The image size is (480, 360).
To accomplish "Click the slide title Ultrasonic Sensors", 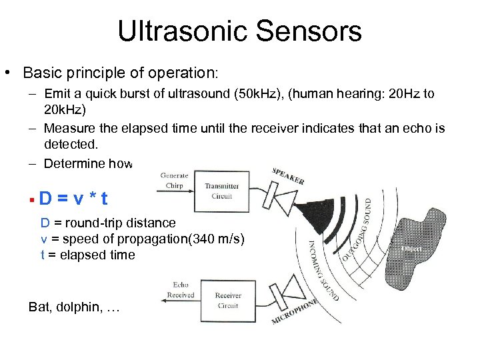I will pos(239,31).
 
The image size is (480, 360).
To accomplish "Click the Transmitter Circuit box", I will pos(221,191).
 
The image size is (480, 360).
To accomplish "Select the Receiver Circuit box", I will pos(228,301).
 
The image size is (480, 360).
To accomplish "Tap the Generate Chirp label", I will pos(175,180).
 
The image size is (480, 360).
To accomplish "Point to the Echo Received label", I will pos(180,290).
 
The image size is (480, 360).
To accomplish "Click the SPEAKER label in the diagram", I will pos(288,176).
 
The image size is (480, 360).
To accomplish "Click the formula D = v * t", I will pos(73,198).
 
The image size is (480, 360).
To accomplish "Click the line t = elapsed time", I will pos(87,255).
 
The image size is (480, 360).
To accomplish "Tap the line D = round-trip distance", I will pos(108,223).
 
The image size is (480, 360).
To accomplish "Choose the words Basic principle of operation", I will pos(117,71).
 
